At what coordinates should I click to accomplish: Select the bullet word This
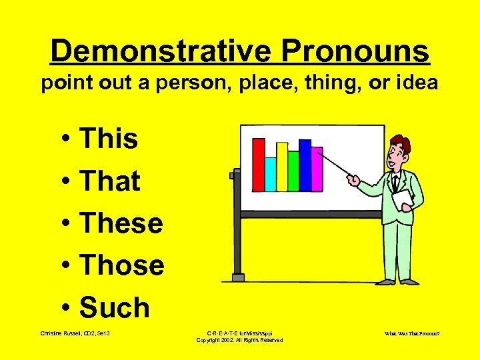(109, 139)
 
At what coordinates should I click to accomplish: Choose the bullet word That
(110, 181)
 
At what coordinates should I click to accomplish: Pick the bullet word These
(121, 223)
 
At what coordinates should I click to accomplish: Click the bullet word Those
(122, 265)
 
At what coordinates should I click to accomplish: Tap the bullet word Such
(115, 307)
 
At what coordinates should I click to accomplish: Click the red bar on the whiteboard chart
(259, 165)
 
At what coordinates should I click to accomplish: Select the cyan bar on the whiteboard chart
(271, 174)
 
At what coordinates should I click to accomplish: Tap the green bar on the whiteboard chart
(293, 171)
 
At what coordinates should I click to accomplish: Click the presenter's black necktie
(395, 182)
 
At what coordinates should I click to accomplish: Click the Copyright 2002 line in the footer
(239, 340)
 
